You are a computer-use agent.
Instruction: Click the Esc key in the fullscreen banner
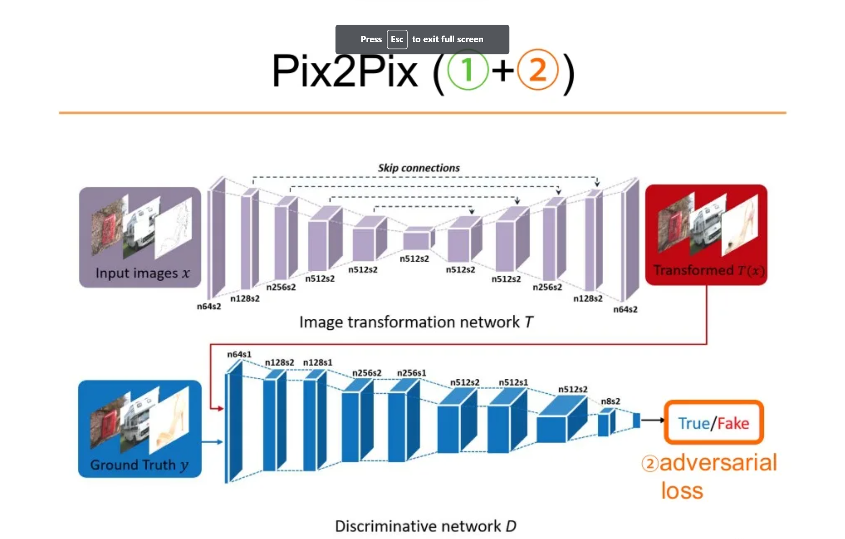[397, 39]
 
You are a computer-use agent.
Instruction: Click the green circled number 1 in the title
[468, 70]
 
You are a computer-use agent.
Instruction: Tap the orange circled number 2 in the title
[538, 70]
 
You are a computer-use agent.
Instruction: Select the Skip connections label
[419, 168]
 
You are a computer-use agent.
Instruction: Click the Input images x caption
[142, 273]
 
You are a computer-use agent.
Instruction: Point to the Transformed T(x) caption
[709, 270]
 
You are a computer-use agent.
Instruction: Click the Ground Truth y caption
[139, 465]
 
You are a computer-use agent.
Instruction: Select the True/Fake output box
[714, 423]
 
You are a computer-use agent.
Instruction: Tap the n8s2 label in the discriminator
[610, 401]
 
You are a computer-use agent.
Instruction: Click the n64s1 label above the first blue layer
[239, 354]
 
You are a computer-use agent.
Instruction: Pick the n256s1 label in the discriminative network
[412, 372]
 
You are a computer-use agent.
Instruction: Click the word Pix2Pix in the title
[345, 71]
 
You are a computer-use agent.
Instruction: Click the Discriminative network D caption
[425, 526]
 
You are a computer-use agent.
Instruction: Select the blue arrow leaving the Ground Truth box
[212, 441]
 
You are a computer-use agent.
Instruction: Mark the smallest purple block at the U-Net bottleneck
[417, 240]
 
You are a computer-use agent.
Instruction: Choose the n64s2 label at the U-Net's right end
[625, 309]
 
